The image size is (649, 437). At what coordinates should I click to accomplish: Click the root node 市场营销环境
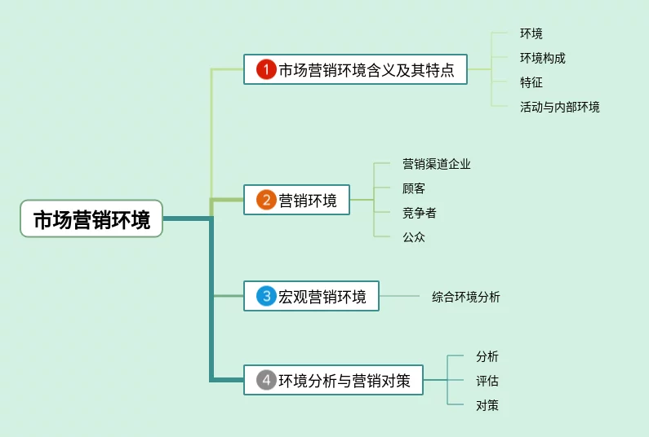[x=91, y=218]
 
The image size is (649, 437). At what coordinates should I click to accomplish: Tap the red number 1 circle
[x=266, y=69]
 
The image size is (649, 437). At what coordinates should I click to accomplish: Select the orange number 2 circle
[x=266, y=200]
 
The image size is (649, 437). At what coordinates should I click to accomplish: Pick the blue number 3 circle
[x=266, y=296]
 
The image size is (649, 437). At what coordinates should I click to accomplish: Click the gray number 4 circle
[x=266, y=380]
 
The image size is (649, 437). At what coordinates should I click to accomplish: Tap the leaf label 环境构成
[x=542, y=58]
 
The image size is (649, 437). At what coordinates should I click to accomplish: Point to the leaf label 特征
[x=531, y=82]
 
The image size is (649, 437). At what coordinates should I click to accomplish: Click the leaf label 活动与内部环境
[x=559, y=107]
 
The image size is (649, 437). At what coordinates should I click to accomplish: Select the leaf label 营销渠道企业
[x=436, y=164]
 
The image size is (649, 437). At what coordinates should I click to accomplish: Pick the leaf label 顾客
[x=413, y=188]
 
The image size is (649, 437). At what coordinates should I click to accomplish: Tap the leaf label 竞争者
[x=419, y=213]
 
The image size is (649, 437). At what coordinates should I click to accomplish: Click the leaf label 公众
[x=413, y=237]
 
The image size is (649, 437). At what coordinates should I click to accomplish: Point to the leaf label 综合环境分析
[x=465, y=297]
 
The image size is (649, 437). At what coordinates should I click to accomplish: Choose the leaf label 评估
[x=487, y=381]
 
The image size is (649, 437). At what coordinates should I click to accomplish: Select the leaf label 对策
[x=487, y=405]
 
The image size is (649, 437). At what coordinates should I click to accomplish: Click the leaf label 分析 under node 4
[x=487, y=356]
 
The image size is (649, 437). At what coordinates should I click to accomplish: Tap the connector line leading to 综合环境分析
[x=399, y=296]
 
